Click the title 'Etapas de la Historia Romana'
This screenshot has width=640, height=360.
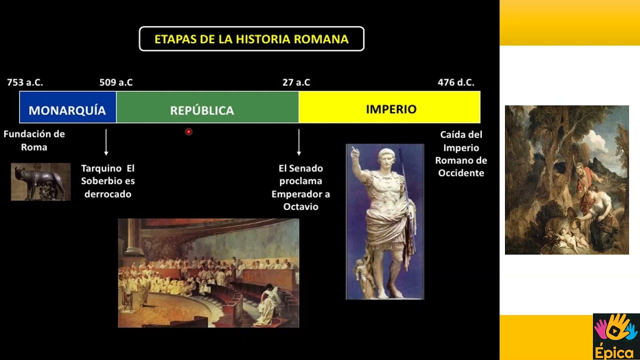[x=251, y=39]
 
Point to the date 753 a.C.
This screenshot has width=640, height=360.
[x=25, y=82]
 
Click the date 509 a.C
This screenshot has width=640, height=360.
[x=116, y=82]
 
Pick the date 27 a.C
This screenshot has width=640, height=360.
[x=296, y=82]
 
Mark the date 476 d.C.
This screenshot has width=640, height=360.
[x=455, y=82]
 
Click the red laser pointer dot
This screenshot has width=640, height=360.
[x=188, y=132]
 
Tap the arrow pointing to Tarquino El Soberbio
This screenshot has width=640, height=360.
[x=106, y=142]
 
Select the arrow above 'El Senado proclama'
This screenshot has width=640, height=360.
[x=299, y=142]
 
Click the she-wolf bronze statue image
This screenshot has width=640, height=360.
[x=40, y=181]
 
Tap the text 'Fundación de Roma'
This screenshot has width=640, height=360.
[x=34, y=140]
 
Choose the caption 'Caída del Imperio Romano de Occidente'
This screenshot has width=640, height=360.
[x=461, y=153]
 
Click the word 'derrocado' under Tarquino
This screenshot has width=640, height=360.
[x=108, y=194]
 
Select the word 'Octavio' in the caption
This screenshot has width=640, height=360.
[x=300, y=206]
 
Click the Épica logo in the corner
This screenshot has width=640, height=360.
[x=616, y=336]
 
